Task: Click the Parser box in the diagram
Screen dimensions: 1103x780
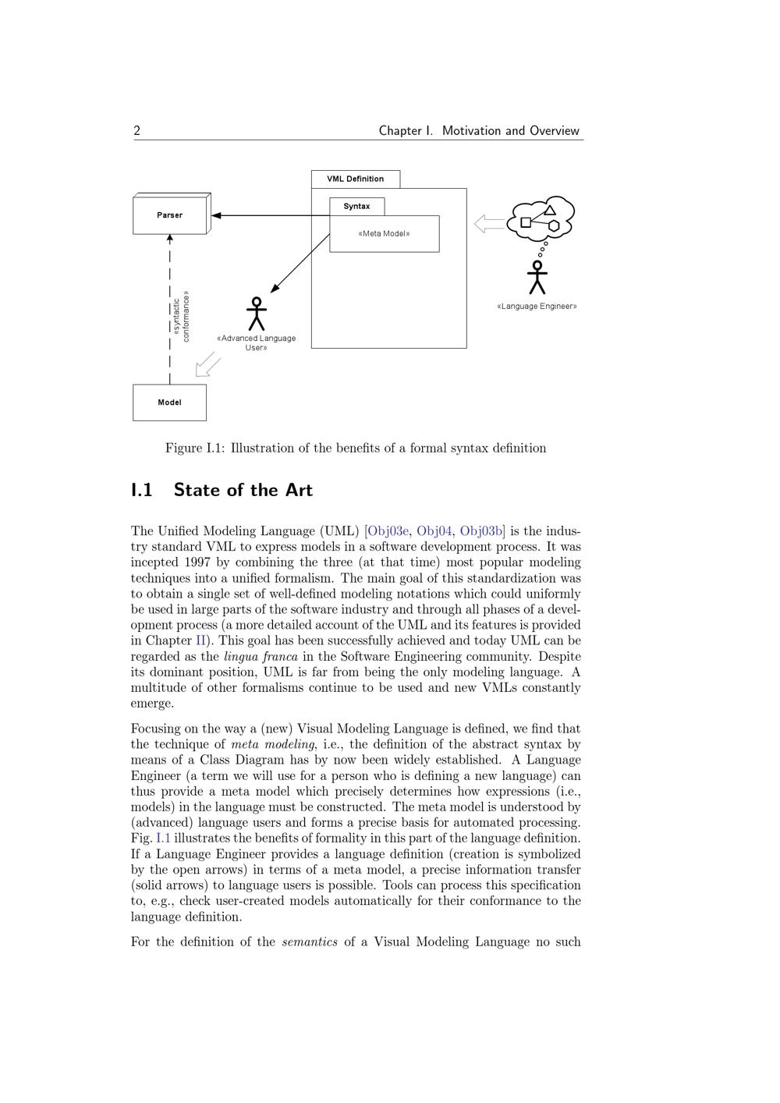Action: (x=170, y=215)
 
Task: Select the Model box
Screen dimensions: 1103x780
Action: (x=169, y=403)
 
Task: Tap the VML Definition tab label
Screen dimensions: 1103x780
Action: (x=355, y=179)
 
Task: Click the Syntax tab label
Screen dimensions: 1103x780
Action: (x=356, y=206)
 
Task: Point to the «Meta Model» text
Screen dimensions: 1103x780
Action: (x=384, y=233)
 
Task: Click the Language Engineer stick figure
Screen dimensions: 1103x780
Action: (x=537, y=277)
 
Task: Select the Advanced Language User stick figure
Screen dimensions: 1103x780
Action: (x=256, y=314)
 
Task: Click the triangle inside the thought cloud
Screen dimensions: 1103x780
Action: (x=550, y=210)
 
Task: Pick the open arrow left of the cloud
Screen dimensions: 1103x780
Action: (x=489, y=224)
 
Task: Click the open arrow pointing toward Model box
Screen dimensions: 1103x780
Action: (x=207, y=364)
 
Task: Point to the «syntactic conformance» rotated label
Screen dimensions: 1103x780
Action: (x=181, y=317)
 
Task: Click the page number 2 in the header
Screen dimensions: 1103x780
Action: (x=137, y=131)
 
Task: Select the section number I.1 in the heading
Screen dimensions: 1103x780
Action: (x=141, y=490)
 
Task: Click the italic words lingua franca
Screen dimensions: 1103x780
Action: (x=261, y=657)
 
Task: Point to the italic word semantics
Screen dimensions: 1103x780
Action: (x=310, y=942)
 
